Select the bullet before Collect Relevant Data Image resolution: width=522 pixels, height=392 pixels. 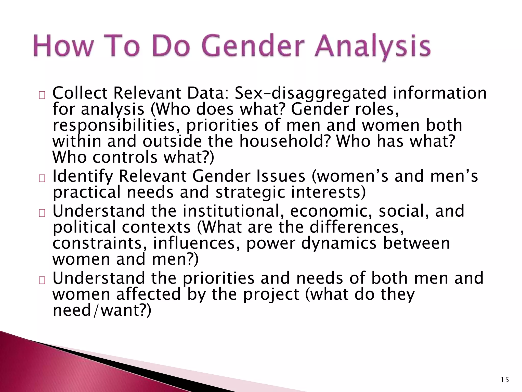pos(42,95)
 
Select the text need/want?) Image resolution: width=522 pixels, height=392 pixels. pos(102,311)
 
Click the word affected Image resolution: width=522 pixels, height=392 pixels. pos(149,294)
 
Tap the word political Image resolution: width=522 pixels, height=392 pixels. pos(84,227)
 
